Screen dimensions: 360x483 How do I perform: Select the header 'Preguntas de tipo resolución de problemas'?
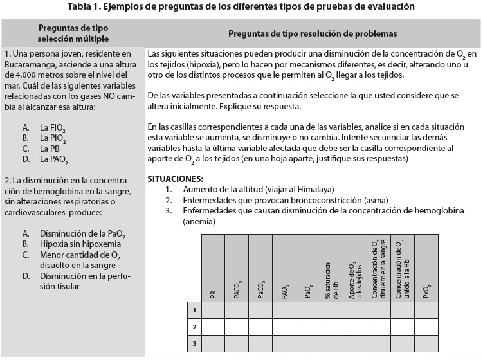click(313, 33)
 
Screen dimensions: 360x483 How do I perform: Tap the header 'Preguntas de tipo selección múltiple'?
click(73, 33)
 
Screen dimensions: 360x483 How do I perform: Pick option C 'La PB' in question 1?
click(49, 148)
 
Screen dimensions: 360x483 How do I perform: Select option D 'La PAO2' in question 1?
click(53, 158)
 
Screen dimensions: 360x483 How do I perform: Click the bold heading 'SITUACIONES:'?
click(175, 177)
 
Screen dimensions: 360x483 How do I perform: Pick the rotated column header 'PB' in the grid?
click(213, 295)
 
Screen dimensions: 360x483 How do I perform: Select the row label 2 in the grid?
click(194, 327)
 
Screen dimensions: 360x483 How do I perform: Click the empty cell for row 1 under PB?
click(213, 310)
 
